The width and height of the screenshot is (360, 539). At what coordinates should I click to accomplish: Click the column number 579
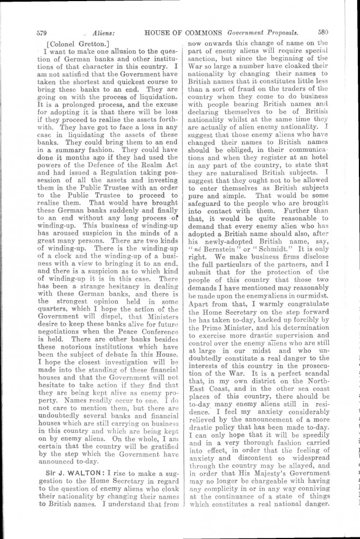coord(42,32)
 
